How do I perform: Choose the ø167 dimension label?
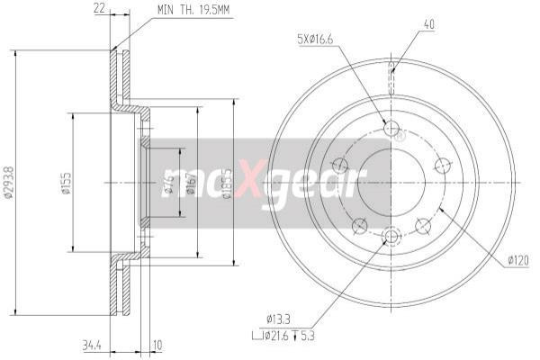pos(190,184)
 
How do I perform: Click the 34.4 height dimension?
pos(91,344)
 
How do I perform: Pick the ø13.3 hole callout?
pos(279,318)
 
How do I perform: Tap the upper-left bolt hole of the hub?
pos(340,165)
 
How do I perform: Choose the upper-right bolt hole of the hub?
pos(442,165)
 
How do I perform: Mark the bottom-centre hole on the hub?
pos(391,237)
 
